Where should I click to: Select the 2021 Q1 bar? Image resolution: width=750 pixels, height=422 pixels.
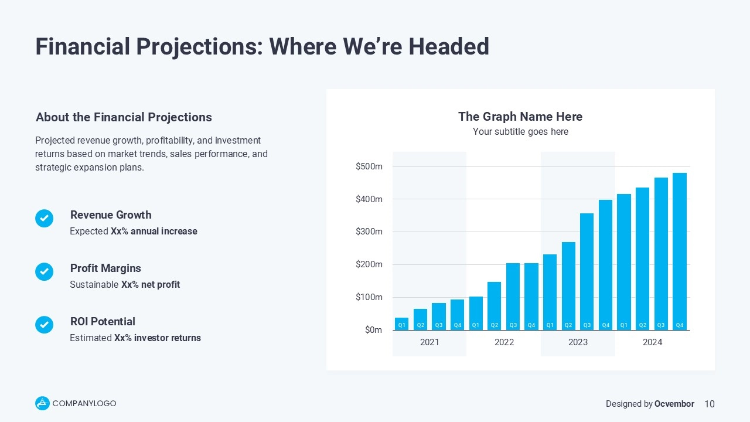click(x=401, y=324)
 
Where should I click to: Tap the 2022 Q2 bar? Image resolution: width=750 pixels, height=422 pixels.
click(x=494, y=305)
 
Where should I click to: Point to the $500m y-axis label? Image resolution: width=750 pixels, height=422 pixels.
click(x=369, y=167)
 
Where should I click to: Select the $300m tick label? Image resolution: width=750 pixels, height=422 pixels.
click(x=369, y=232)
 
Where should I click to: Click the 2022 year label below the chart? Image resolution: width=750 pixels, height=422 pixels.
click(x=504, y=342)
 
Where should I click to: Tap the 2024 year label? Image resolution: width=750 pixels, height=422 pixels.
click(x=652, y=342)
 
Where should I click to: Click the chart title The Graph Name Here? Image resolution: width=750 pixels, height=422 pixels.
click(x=520, y=117)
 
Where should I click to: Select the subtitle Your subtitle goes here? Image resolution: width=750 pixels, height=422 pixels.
click(x=520, y=132)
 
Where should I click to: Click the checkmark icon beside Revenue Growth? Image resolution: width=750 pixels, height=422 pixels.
click(x=45, y=219)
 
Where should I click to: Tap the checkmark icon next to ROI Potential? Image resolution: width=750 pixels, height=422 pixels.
click(x=45, y=325)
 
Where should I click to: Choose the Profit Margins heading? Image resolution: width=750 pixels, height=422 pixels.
click(x=105, y=268)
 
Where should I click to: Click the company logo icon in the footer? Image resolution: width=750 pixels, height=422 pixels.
click(x=42, y=403)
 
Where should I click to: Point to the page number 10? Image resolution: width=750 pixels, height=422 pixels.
click(x=709, y=404)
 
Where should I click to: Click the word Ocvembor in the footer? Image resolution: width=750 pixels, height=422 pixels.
click(x=674, y=404)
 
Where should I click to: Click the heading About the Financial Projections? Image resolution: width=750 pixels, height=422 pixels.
click(x=124, y=117)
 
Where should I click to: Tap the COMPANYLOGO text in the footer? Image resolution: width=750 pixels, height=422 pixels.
click(x=84, y=403)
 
